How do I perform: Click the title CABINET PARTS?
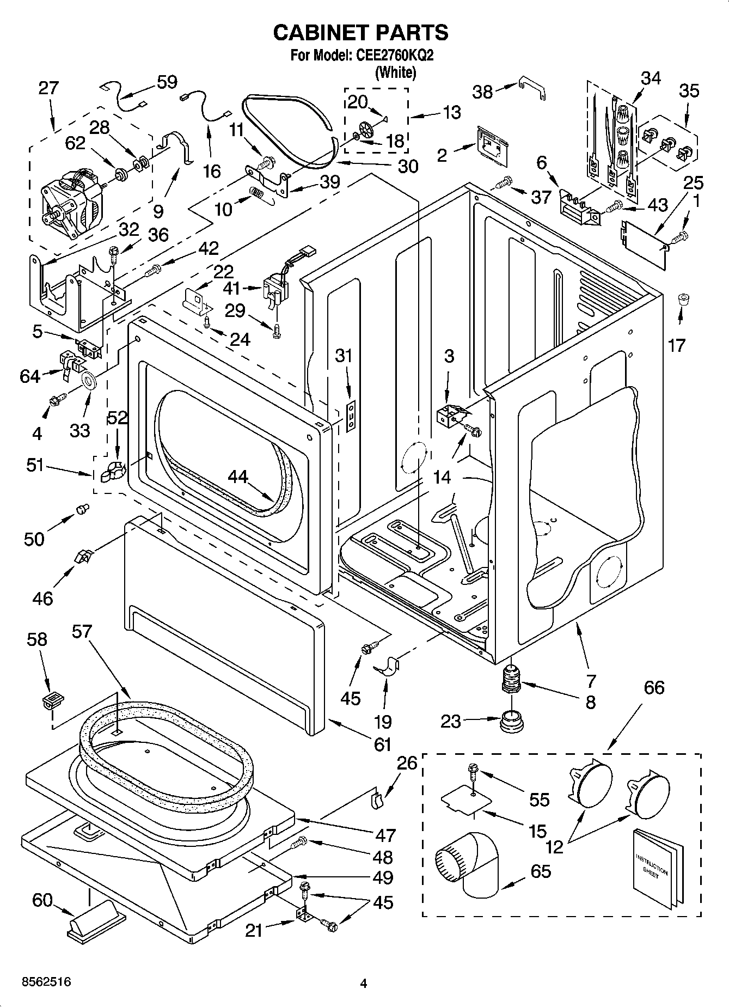(360, 33)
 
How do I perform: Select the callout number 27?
(48, 88)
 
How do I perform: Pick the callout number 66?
(654, 687)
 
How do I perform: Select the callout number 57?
(83, 632)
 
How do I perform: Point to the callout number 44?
(237, 477)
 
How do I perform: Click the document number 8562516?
(46, 982)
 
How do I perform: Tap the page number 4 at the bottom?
(364, 983)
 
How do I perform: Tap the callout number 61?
(383, 743)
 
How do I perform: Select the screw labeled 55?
(473, 772)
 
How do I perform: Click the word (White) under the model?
(396, 72)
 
